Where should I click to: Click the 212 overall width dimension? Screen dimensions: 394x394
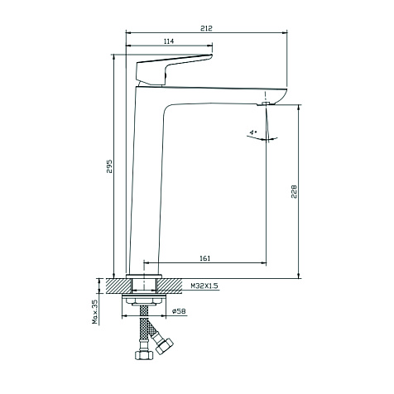pyautogui.click(x=206, y=28)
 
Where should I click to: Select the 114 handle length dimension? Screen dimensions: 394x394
pyautogui.click(x=169, y=41)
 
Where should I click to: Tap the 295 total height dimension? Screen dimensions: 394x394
pyautogui.click(x=109, y=166)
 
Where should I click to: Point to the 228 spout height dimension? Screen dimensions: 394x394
pyautogui.click(x=294, y=191)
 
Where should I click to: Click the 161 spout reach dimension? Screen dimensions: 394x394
pyautogui.click(x=204, y=258)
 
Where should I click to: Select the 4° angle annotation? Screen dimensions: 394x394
pyautogui.click(x=253, y=132)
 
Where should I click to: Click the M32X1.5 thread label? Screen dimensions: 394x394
pyautogui.click(x=204, y=286)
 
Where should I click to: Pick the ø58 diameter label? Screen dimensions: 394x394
pyautogui.click(x=179, y=311)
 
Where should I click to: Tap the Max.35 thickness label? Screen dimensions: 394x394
pyautogui.click(x=95, y=312)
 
